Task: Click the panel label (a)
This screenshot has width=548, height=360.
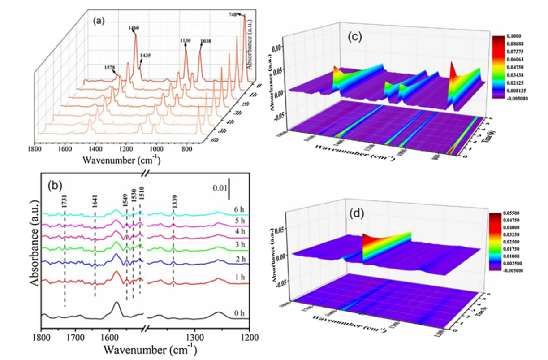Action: [99, 20]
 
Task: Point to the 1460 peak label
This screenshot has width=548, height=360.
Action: [134, 28]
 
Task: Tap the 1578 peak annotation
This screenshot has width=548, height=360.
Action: [110, 68]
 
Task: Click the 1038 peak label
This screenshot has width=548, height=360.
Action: [205, 42]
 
